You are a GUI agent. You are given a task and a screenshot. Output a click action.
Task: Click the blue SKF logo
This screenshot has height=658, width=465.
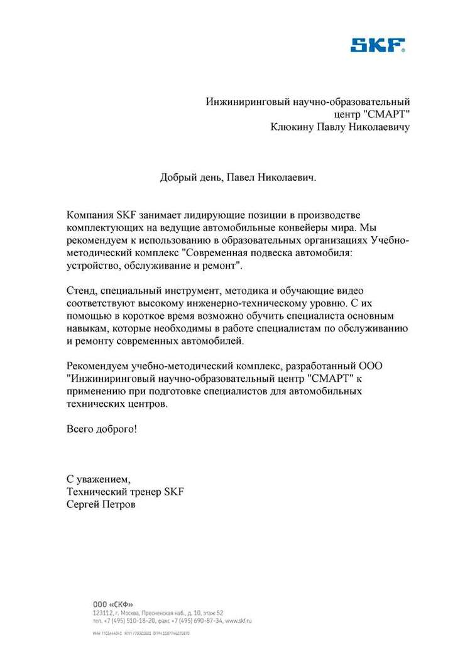click(378, 45)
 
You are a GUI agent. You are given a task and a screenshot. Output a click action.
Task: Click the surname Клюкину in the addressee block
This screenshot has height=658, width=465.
click(292, 127)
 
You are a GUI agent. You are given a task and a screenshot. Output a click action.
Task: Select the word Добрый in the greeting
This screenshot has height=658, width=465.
click(177, 178)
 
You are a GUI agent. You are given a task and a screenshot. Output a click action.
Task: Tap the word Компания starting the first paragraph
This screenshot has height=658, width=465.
click(90, 216)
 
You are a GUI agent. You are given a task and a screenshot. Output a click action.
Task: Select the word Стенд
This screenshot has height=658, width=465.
click(80, 291)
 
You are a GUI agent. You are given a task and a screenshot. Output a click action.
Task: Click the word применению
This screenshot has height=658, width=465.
click(97, 391)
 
